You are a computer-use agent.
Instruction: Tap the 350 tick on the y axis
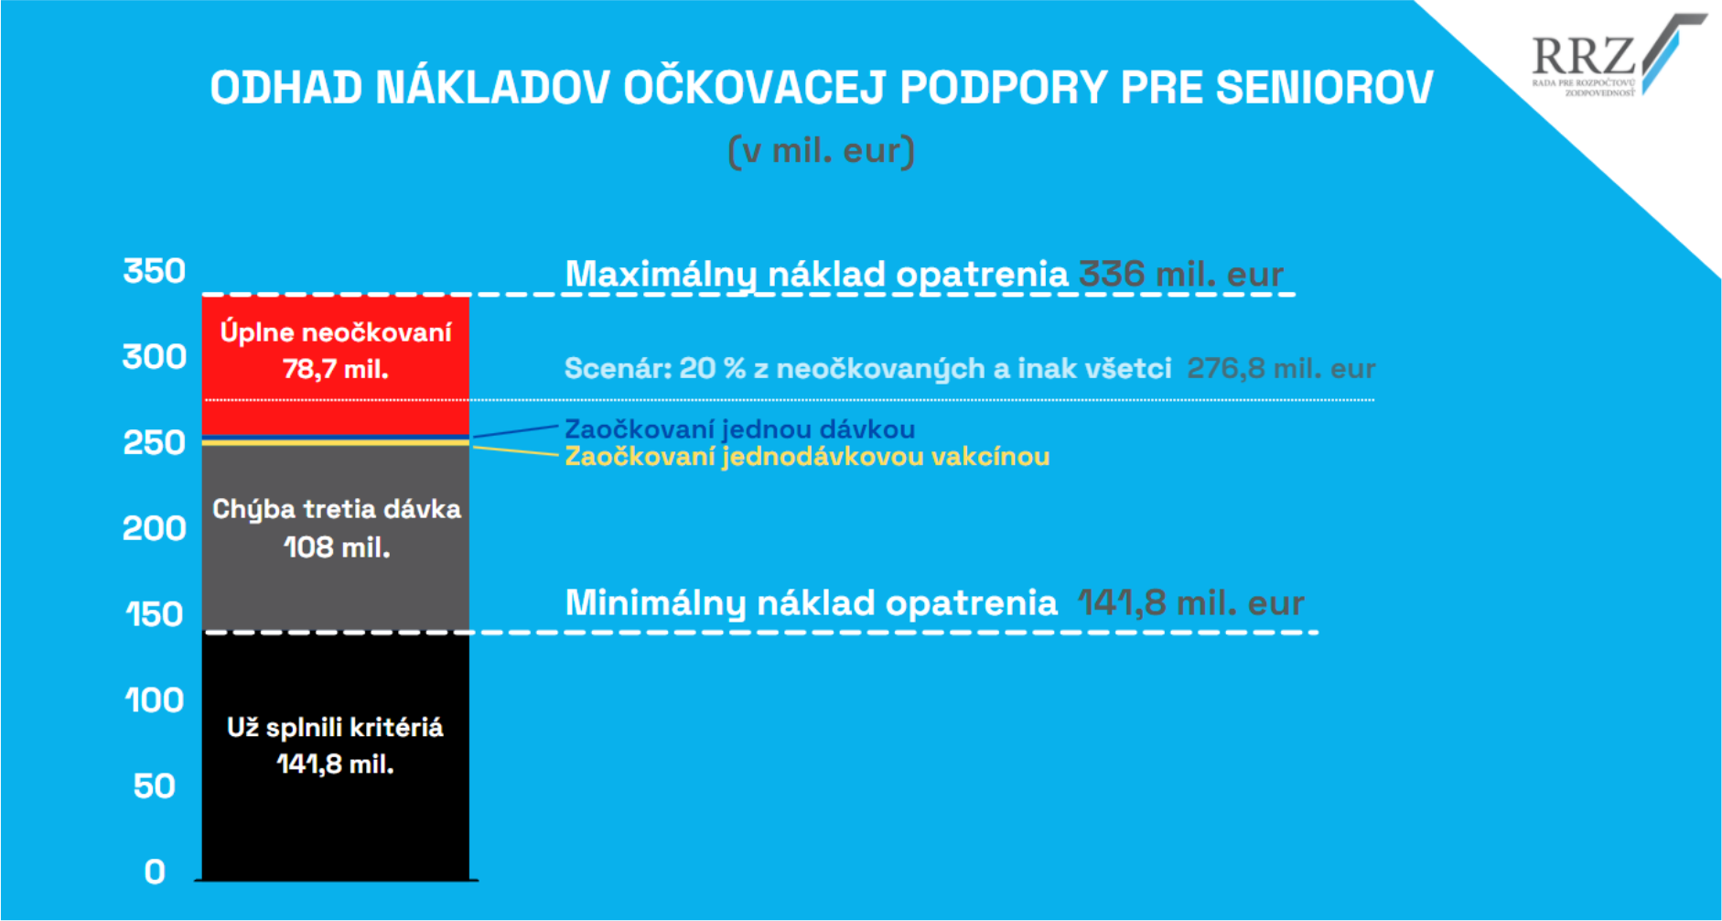[155, 271]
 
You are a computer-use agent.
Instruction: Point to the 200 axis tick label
[155, 528]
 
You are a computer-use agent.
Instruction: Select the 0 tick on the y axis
[155, 872]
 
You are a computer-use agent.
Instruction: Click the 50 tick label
[155, 786]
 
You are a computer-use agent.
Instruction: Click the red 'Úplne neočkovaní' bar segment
[336, 364]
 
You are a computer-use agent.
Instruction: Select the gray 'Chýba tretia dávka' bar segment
[336, 538]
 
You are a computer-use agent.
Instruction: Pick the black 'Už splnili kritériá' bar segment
[336, 756]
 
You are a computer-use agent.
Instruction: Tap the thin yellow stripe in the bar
[336, 442]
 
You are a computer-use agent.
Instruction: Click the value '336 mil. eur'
[1181, 274]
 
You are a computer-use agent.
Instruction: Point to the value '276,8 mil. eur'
[1281, 368]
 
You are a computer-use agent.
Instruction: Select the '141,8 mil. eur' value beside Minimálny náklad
[1190, 602]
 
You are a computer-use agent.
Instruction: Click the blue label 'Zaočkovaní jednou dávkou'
[739, 429]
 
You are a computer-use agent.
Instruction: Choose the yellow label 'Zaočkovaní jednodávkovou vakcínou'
[807, 456]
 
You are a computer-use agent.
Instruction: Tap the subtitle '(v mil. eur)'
[822, 151]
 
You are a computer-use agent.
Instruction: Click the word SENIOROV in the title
[1324, 88]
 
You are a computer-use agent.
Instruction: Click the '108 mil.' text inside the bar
[337, 547]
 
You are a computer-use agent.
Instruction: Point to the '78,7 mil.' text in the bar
[336, 369]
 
